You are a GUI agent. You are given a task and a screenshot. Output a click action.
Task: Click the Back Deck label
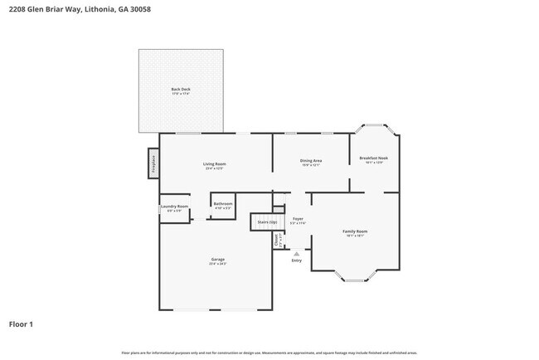pyautogui.click(x=181, y=89)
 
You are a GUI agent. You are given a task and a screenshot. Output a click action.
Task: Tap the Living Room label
pyautogui.click(x=215, y=163)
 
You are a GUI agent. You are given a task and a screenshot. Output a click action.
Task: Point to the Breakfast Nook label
pyautogui.click(x=373, y=158)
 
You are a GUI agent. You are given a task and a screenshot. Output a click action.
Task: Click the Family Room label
pyautogui.click(x=355, y=231)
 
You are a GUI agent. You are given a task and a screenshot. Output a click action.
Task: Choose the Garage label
pyautogui.click(x=217, y=260)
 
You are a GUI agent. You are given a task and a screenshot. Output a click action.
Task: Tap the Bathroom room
pyautogui.click(x=223, y=205)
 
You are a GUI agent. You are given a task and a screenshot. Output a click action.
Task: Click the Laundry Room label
pyautogui.click(x=174, y=207)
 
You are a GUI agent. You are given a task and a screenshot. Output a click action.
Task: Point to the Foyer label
pyautogui.click(x=298, y=219)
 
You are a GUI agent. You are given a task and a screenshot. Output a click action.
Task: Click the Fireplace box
pyautogui.click(x=153, y=163)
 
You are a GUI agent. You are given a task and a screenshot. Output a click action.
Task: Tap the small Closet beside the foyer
pyautogui.click(x=277, y=240)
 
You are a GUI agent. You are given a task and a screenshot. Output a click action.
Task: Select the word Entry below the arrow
pyautogui.click(x=297, y=261)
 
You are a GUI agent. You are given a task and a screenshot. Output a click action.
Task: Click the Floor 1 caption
pyautogui.click(x=22, y=324)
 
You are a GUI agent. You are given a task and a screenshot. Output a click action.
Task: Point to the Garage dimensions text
pyautogui.click(x=217, y=265)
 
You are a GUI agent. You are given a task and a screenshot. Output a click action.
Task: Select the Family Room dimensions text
pyautogui.click(x=355, y=236)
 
